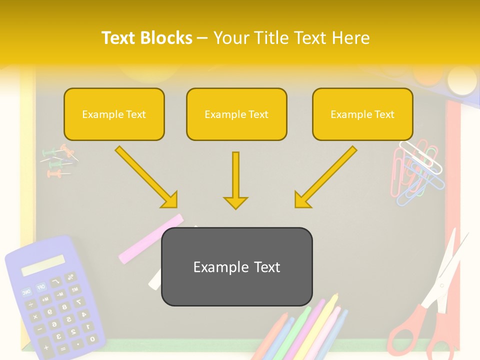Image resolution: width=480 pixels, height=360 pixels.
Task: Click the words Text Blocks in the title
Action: [x=146, y=38]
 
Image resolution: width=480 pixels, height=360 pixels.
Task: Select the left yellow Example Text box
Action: [x=114, y=114]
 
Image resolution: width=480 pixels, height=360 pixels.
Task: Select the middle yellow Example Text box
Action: [x=236, y=114]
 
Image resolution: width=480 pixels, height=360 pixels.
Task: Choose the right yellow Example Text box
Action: [x=362, y=114]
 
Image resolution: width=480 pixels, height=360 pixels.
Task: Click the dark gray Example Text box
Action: [x=236, y=267]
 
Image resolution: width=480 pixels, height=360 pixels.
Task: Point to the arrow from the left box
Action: [x=146, y=177]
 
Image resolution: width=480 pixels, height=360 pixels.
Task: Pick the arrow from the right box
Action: [x=325, y=177]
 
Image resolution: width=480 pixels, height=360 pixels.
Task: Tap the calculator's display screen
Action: [x=43, y=265]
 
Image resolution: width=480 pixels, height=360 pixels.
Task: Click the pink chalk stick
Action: [x=150, y=238]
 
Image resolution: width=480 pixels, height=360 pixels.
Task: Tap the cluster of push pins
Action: [x=59, y=161]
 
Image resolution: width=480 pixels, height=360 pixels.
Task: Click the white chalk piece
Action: [x=155, y=280]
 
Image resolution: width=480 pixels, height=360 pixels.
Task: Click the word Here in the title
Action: [x=353, y=38]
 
